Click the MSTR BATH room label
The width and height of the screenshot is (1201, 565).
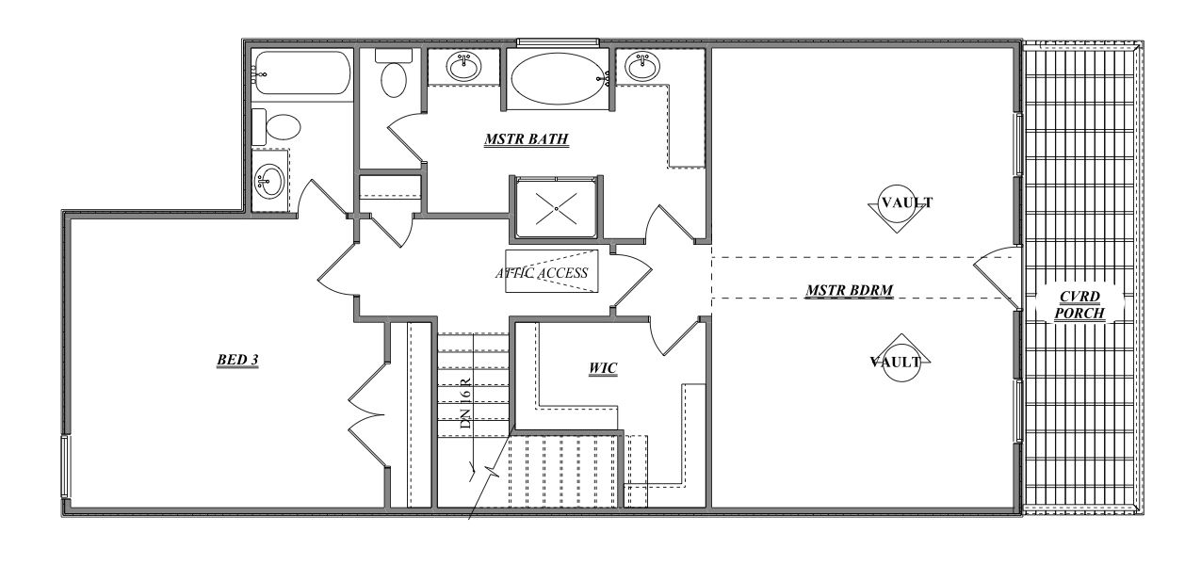click(527, 140)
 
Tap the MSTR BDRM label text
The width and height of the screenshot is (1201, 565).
click(849, 291)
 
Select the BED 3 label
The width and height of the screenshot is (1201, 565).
click(237, 359)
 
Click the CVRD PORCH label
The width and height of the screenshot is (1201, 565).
click(1079, 304)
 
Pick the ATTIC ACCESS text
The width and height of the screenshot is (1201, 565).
click(542, 273)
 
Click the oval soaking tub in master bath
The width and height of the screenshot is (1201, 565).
click(556, 78)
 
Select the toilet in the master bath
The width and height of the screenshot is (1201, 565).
click(393, 73)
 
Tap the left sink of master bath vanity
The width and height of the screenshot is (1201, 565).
click(463, 67)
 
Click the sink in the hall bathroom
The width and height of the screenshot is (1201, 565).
click(270, 178)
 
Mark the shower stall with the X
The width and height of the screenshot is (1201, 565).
click(556, 208)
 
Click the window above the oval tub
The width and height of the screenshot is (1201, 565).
click(557, 41)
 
